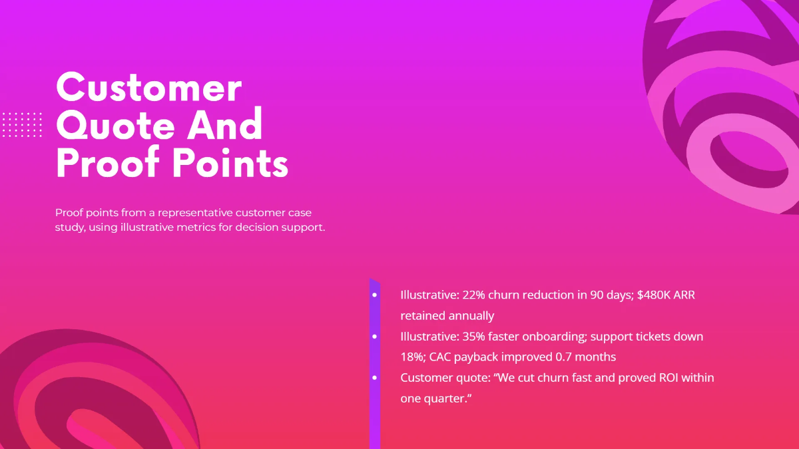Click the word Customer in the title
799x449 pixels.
(x=148, y=88)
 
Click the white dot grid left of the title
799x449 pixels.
(x=22, y=125)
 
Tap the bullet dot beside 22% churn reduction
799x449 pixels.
(x=375, y=295)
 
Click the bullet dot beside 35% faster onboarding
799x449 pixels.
(x=375, y=337)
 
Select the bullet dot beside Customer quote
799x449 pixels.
(x=375, y=378)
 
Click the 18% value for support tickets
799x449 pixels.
(x=411, y=357)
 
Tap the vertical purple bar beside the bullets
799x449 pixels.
(x=375, y=412)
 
